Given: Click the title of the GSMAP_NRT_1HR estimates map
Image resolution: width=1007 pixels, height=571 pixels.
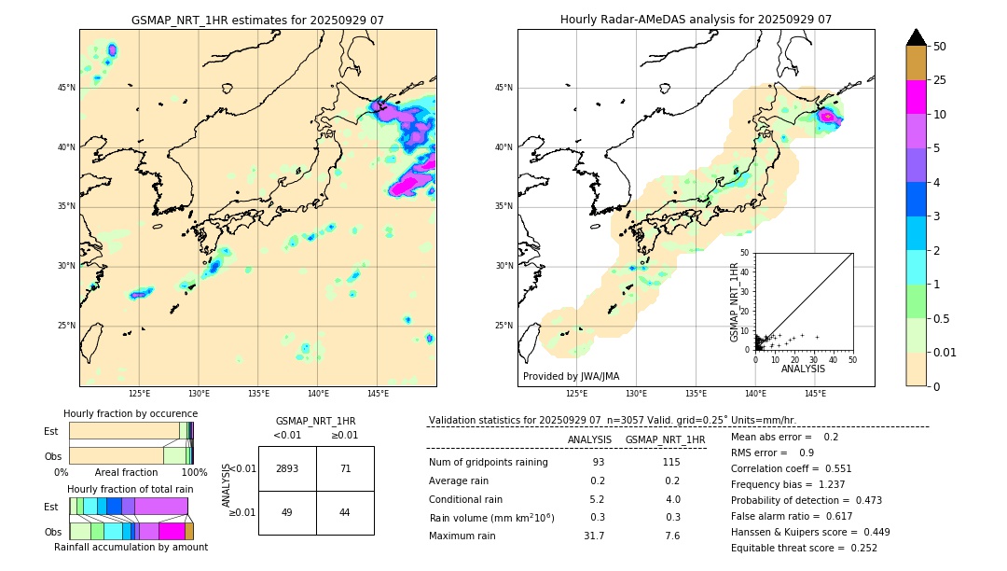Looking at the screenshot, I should (257, 20).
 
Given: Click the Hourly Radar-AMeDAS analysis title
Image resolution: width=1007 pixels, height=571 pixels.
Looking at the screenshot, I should (696, 20).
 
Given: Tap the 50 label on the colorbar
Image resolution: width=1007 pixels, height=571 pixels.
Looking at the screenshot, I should (940, 47).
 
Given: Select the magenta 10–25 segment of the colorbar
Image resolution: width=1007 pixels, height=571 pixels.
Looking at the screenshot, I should (916, 97).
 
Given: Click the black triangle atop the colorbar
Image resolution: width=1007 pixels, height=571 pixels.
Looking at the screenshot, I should (916, 37).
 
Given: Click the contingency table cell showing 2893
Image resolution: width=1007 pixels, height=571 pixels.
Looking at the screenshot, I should (287, 468).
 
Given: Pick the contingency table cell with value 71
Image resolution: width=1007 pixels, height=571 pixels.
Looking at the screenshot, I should (345, 468).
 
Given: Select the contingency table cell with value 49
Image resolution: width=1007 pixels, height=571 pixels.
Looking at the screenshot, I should (287, 512).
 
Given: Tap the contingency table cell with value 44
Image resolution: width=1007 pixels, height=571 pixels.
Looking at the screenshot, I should (345, 512).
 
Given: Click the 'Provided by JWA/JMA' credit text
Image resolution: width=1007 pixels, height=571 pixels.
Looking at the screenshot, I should (571, 376).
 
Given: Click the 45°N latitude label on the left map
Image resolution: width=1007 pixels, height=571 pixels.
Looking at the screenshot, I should (66, 88).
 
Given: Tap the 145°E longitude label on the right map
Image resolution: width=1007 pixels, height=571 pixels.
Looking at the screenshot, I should (815, 395).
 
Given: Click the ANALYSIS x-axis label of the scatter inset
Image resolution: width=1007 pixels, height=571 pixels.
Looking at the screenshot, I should (803, 369).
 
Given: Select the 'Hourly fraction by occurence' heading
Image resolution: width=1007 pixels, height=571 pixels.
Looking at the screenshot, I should (131, 413).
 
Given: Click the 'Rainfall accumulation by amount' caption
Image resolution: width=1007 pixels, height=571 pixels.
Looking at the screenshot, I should (131, 547).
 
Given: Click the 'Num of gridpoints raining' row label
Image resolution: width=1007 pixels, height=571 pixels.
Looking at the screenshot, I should (489, 462).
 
